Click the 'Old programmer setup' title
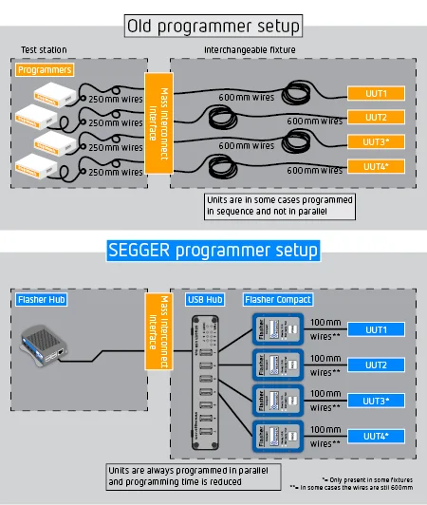click(213, 25)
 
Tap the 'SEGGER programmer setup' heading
click(213, 252)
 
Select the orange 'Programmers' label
click(45, 69)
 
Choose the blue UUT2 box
click(376, 365)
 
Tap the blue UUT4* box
click(376, 435)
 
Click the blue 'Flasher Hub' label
click(44, 300)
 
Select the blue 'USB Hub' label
click(205, 300)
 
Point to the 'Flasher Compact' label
click(276, 300)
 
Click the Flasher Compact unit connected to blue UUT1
click(276, 330)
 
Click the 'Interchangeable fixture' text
click(250, 49)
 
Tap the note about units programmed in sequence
click(279, 205)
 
